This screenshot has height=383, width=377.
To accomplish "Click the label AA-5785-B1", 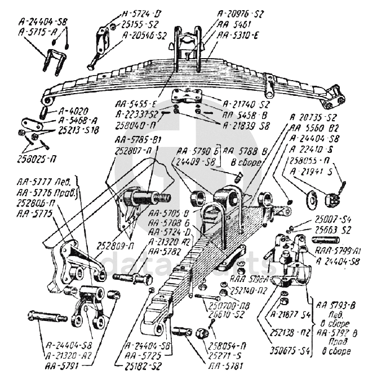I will pos(139,142).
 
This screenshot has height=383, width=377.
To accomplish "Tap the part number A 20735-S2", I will pos(313,118).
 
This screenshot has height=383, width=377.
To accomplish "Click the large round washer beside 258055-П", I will pos(309,198).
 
